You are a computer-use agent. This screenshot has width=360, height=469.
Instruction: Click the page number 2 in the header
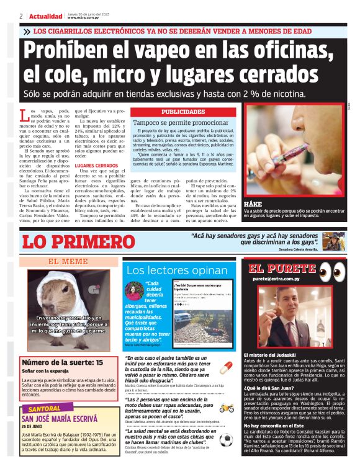coord(21,16)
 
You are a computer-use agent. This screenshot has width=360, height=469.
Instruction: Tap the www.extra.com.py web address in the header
coord(85,18)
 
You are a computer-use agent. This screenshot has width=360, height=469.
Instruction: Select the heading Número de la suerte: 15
coord(63,362)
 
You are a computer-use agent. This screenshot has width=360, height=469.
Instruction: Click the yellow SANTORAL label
coord(44,409)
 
